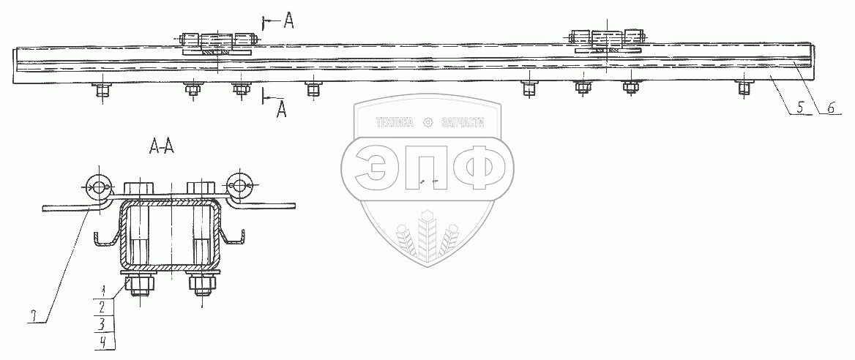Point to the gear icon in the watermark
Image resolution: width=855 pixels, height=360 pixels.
(428, 123)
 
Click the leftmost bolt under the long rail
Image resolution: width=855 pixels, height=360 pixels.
(100, 90)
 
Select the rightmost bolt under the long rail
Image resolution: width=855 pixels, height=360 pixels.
(744, 88)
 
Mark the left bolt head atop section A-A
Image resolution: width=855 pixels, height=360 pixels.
(138, 189)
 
